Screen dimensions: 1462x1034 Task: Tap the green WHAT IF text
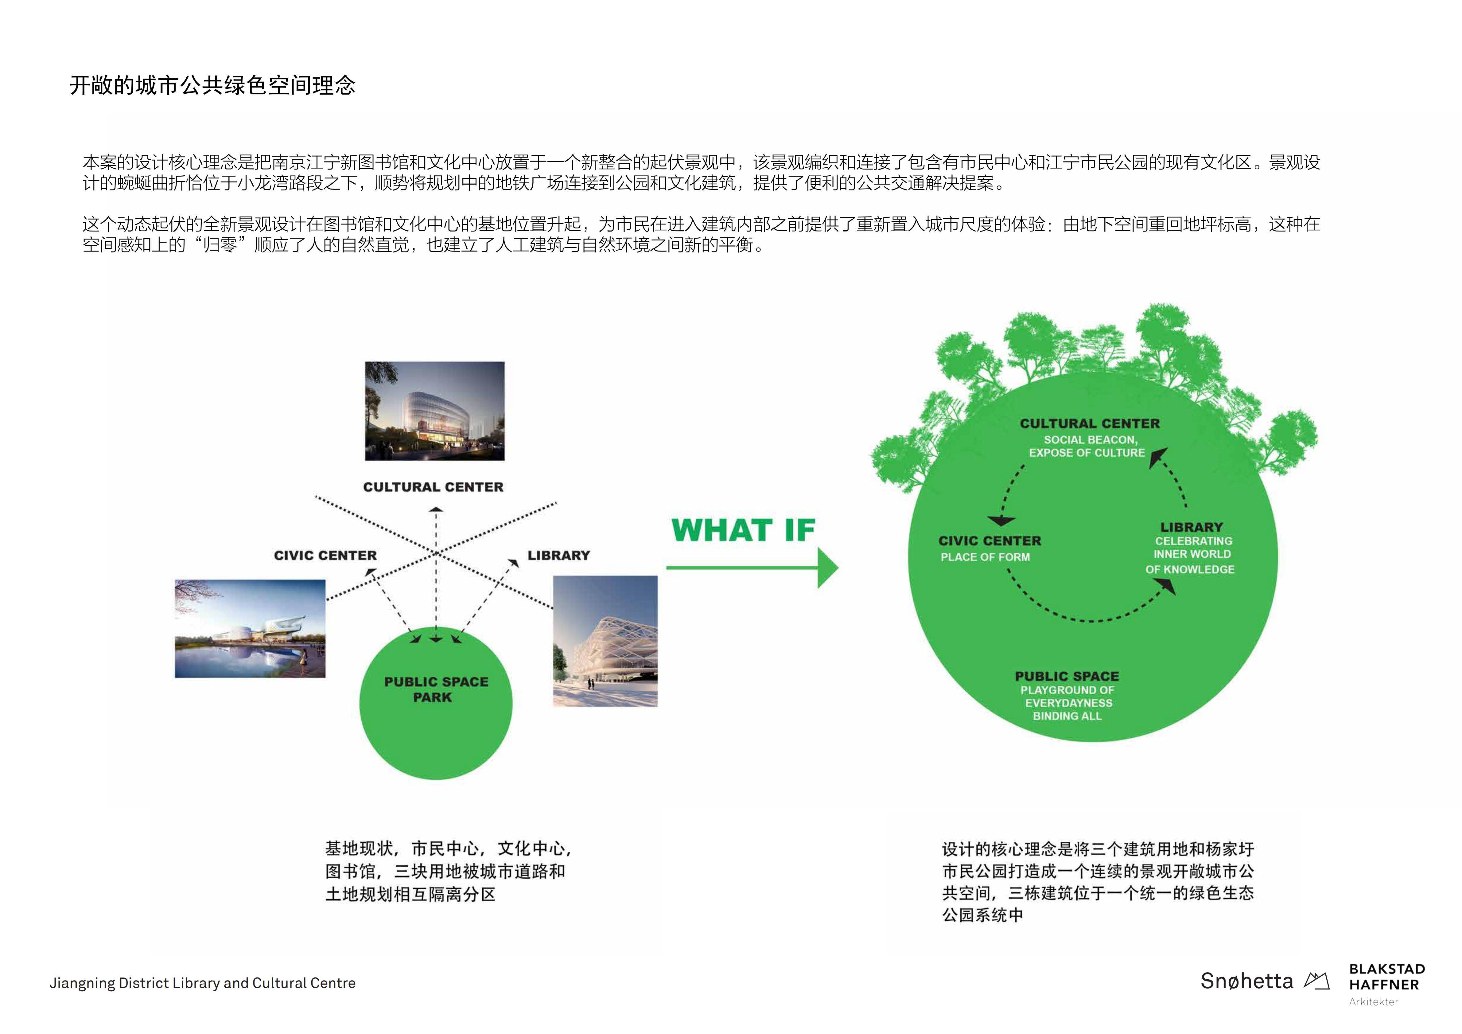pyautogui.click(x=743, y=530)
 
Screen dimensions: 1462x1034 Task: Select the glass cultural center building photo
pyautogui.click(x=435, y=411)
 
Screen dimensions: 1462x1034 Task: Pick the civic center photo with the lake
pyautogui.click(x=250, y=628)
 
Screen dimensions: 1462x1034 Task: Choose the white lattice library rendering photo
pyautogui.click(x=605, y=641)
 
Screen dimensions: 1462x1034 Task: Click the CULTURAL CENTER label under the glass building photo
pyautogui.click(x=433, y=487)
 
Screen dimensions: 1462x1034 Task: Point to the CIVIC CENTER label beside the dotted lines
pyautogui.click(x=325, y=556)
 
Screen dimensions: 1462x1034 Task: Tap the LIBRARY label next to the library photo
pyautogui.click(x=558, y=556)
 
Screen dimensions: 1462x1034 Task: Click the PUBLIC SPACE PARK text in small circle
pyautogui.click(x=436, y=689)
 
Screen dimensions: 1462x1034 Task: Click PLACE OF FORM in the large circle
pyautogui.click(x=985, y=557)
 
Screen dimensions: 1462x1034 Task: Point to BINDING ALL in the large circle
pyautogui.click(x=1067, y=716)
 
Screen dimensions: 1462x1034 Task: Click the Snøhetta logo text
pyautogui.click(x=1247, y=981)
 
